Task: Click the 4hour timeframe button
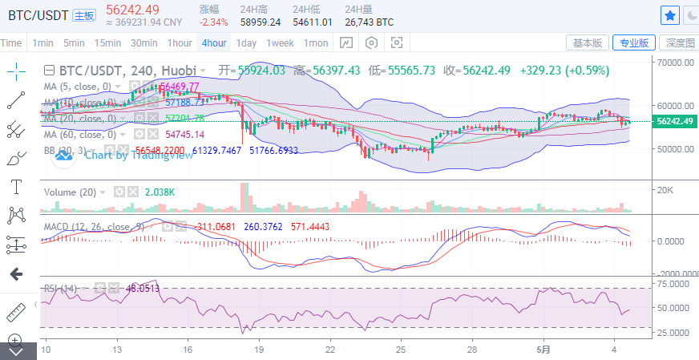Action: pos(214,42)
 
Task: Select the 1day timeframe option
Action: pos(246,42)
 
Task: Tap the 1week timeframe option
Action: pos(280,42)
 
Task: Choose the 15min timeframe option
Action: pos(107,42)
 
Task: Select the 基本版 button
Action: pos(587,42)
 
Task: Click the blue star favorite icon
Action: pos(670,15)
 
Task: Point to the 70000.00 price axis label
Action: pos(675,61)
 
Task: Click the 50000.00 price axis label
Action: pos(675,149)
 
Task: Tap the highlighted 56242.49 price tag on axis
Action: pos(675,121)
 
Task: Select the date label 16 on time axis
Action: pos(188,350)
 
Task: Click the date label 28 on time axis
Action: pos(474,350)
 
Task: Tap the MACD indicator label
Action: pos(91,227)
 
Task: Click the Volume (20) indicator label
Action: pos(71,192)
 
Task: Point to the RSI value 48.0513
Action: pos(143,288)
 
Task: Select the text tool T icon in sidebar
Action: pos(15,186)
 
